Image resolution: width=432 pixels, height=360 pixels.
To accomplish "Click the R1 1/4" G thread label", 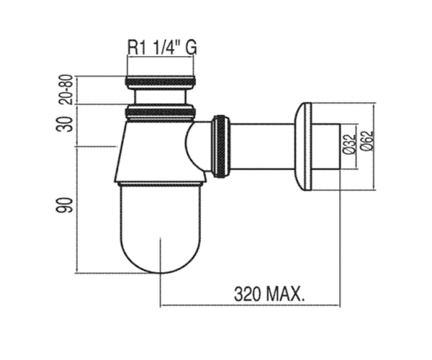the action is [x=162, y=48].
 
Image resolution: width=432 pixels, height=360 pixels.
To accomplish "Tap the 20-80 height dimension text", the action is [x=66, y=89].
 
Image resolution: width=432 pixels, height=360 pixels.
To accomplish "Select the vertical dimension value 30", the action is [x=65, y=125].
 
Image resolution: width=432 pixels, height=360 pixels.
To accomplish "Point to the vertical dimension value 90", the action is [x=65, y=204].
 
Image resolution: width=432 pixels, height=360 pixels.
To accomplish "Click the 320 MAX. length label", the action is [x=269, y=294].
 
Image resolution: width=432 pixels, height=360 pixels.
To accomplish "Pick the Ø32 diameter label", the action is [x=349, y=143].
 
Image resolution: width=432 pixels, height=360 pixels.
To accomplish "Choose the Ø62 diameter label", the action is [x=367, y=140].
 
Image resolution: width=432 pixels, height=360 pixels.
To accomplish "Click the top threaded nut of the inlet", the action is [x=161, y=81].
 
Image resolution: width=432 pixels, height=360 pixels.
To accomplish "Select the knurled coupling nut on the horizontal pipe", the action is [x=220, y=146].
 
